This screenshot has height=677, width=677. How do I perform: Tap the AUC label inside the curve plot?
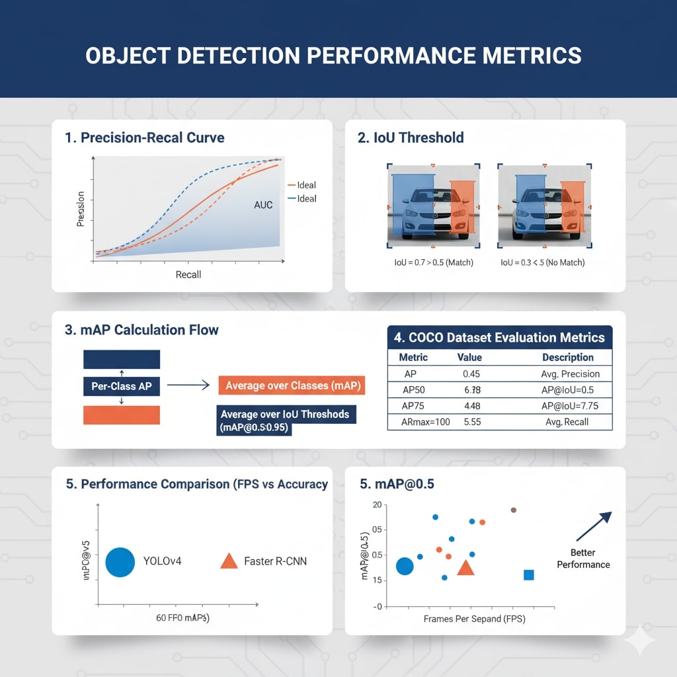coord(263,205)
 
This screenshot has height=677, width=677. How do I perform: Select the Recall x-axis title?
coord(188,274)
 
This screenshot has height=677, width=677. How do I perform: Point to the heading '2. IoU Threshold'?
coord(411,138)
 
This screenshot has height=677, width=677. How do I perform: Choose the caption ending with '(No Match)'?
coord(542,262)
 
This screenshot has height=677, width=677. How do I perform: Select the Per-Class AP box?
coord(121,385)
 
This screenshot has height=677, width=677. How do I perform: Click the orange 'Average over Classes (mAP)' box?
coord(291,385)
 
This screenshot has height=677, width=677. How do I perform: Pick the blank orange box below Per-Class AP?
coord(121,415)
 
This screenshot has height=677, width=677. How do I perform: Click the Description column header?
coord(567,357)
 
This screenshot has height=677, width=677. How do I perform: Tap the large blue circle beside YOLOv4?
coord(120,562)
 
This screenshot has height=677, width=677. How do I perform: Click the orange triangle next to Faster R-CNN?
coord(228,561)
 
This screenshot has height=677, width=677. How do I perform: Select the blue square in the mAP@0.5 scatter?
coord(528,575)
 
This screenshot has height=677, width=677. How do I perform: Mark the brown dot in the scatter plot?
coord(513,510)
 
